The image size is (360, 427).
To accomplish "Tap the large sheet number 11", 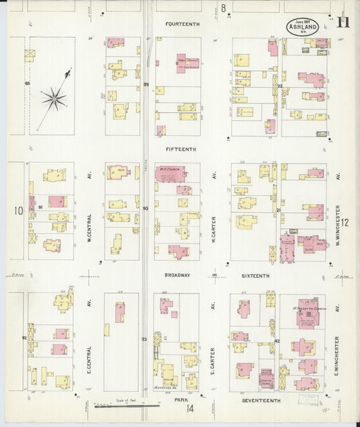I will (x=344, y=24).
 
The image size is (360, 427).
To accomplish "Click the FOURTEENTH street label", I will (x=183, y=24).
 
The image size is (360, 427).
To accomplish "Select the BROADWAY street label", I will (x=177, y=276).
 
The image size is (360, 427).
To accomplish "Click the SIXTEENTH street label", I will (x=255, y=276).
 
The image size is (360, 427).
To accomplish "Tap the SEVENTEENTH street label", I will (x=259, y=401).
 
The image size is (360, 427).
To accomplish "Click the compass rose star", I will (x=54, y=99).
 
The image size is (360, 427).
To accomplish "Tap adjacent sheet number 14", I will (x=191, y=409).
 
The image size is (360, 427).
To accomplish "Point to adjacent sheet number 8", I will (x=223, y=8).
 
